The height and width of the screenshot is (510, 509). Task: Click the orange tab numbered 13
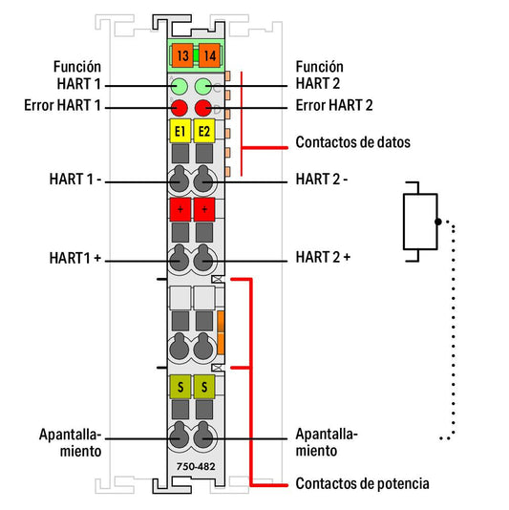click(x=182, y=55)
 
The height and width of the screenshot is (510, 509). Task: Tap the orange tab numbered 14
click(x=209, y=55)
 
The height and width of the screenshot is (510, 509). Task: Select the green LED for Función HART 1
click(x=180, y=86)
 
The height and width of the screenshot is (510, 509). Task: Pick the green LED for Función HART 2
click(x=203, y=86)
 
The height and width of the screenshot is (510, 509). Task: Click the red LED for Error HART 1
click(x=180, y=108)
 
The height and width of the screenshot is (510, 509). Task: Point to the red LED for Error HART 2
click(x=203, y=108)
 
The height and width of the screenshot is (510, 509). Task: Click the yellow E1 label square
click(x=180, y=131)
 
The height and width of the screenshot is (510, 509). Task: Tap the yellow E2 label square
click(x=204, y=131)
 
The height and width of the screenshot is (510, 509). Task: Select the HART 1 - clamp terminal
click(x=180, y=180)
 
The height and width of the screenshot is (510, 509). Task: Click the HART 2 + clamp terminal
click(x=203, y=258)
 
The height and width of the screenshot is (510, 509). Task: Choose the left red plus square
click(x=180, y=209)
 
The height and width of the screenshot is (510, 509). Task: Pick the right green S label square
click(x=204, y=387)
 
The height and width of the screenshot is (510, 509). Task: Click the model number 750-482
click(x=196, y=467)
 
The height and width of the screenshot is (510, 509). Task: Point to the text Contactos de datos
click(x=353, y=142)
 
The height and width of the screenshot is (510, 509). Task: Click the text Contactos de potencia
click(x=362, y=483)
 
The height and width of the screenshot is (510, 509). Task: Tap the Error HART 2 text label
click(x=334, y=105)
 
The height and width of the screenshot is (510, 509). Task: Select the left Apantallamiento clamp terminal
click(x=180, y=436)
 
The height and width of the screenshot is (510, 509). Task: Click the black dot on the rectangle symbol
click(x=438, y=222)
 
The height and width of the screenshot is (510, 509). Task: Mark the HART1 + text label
click(x=75, y=258)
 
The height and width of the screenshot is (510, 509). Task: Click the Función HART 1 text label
click(x=77, y=75)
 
